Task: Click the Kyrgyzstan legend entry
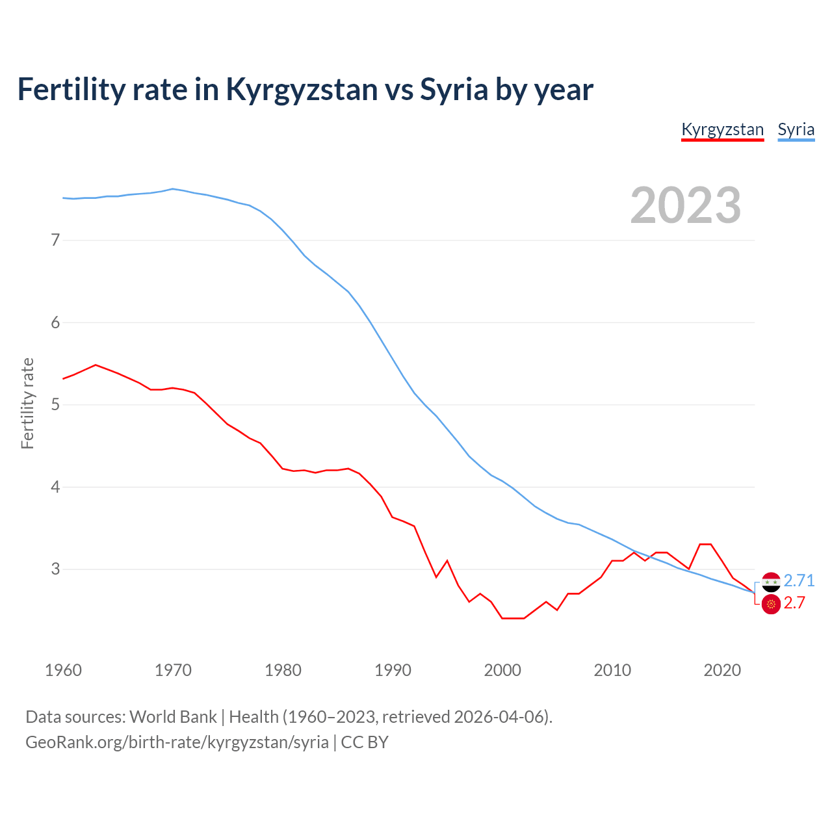click(x=722, y=129)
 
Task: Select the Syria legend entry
click(x=796, y=129)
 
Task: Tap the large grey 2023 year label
click(x=685, y=205)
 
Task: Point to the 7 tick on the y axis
click(x=55, y=240)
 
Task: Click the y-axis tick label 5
click(x=55, y=405)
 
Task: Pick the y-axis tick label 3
click(x=55, y=569)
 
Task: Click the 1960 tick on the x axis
click(x=63, y=670)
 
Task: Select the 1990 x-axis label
click(x=393, y=670)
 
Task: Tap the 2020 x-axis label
click(x=722, y=670)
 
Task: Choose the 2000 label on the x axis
click(x=502, y=670)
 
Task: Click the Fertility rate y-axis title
click(x=27, y=403)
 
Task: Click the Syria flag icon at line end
click(x=771, y=582)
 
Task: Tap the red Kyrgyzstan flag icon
click(x=771, y=604)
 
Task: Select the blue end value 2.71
click(x=799, y=580)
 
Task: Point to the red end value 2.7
click(x=794, y=603)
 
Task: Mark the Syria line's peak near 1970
click(x=172, y=189)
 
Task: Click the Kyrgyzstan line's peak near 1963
click(x=96, y=365)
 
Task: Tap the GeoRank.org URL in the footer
click(x=177, y=742)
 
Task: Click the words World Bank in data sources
click(x=173, y=717)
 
